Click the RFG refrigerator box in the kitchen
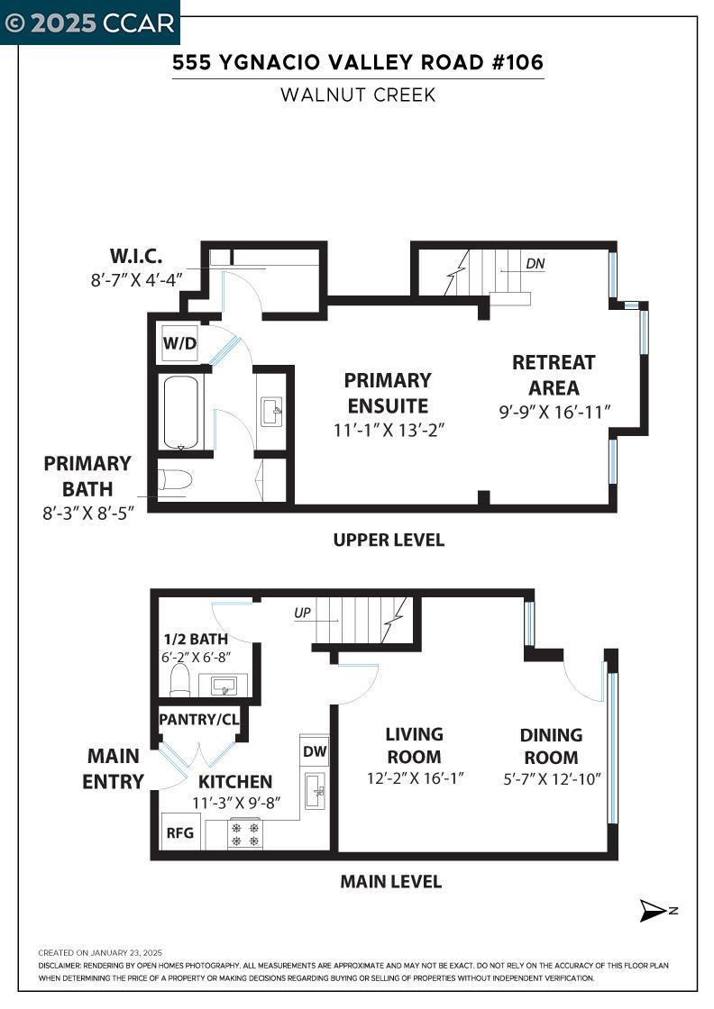click(x=180, y=832)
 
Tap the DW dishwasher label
click(x=315, y=751)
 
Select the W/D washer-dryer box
click(x=179, y=343)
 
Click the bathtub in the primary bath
click(x=184, y=412)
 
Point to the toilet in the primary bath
click(x=175, y=480)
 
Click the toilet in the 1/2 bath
click(x=179, y=679)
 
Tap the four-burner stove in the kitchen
click(x=245, y=834)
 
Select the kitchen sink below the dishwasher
click(x=316, y=791)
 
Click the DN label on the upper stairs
click(x=535, y=263)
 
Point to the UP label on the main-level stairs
click(x=302, y=613)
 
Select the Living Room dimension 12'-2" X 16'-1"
click(x=416, y=778)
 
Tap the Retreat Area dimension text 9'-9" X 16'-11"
click(x=554, y=412)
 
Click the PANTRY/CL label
click(x=199, y=720)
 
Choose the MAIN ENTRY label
click(x=114, y=768)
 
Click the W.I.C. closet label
click(x=136, y=256)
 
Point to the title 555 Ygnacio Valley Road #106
click(x=358, y=62)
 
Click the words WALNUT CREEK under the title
click(x=358, y=95)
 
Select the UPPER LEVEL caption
click(x=389, y=540)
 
